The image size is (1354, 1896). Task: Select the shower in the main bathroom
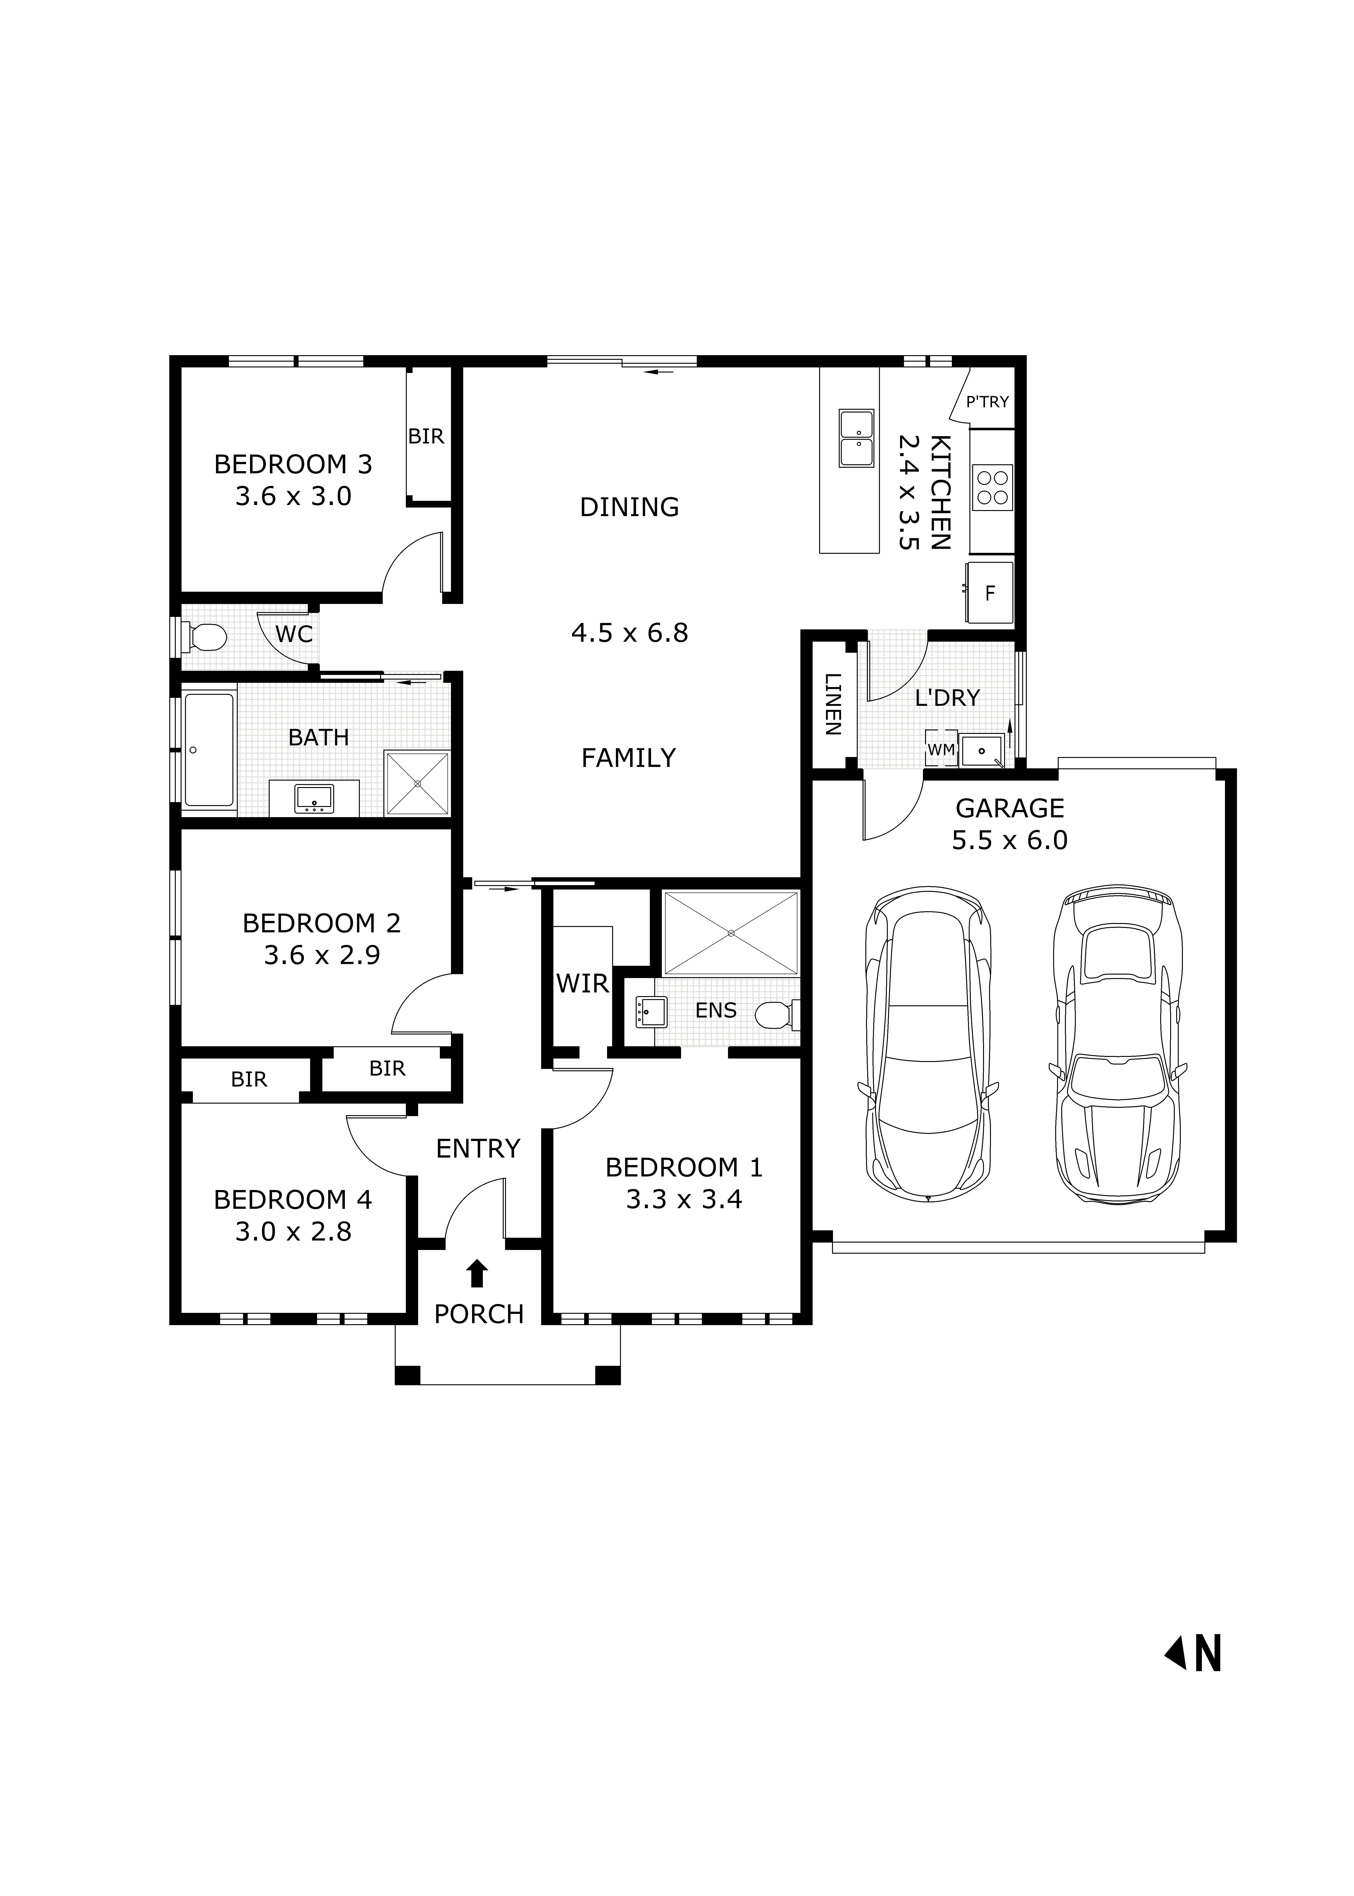pos(417,783)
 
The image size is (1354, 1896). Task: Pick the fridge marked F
pos(990,593)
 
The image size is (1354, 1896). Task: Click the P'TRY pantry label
pos(987,402)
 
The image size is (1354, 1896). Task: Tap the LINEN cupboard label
pos(832,704)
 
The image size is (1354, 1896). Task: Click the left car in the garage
pos(928,1045)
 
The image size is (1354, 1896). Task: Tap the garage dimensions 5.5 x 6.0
pos(1010,840)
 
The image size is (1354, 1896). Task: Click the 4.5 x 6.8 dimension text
pos(629,633)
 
